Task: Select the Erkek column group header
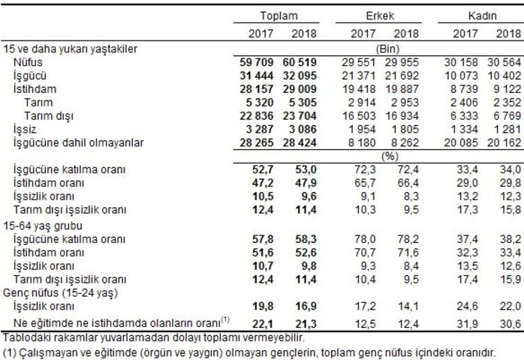coord(381,16)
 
